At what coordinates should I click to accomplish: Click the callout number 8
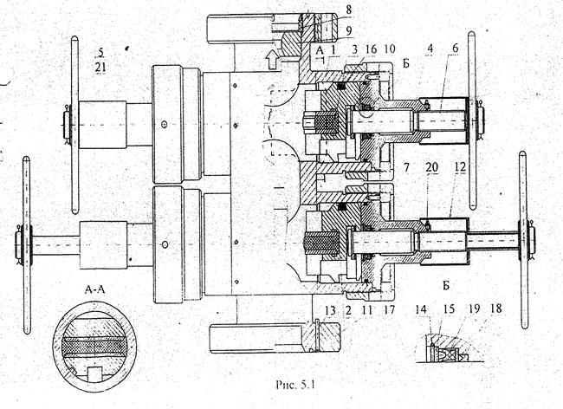tap(349, 10)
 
